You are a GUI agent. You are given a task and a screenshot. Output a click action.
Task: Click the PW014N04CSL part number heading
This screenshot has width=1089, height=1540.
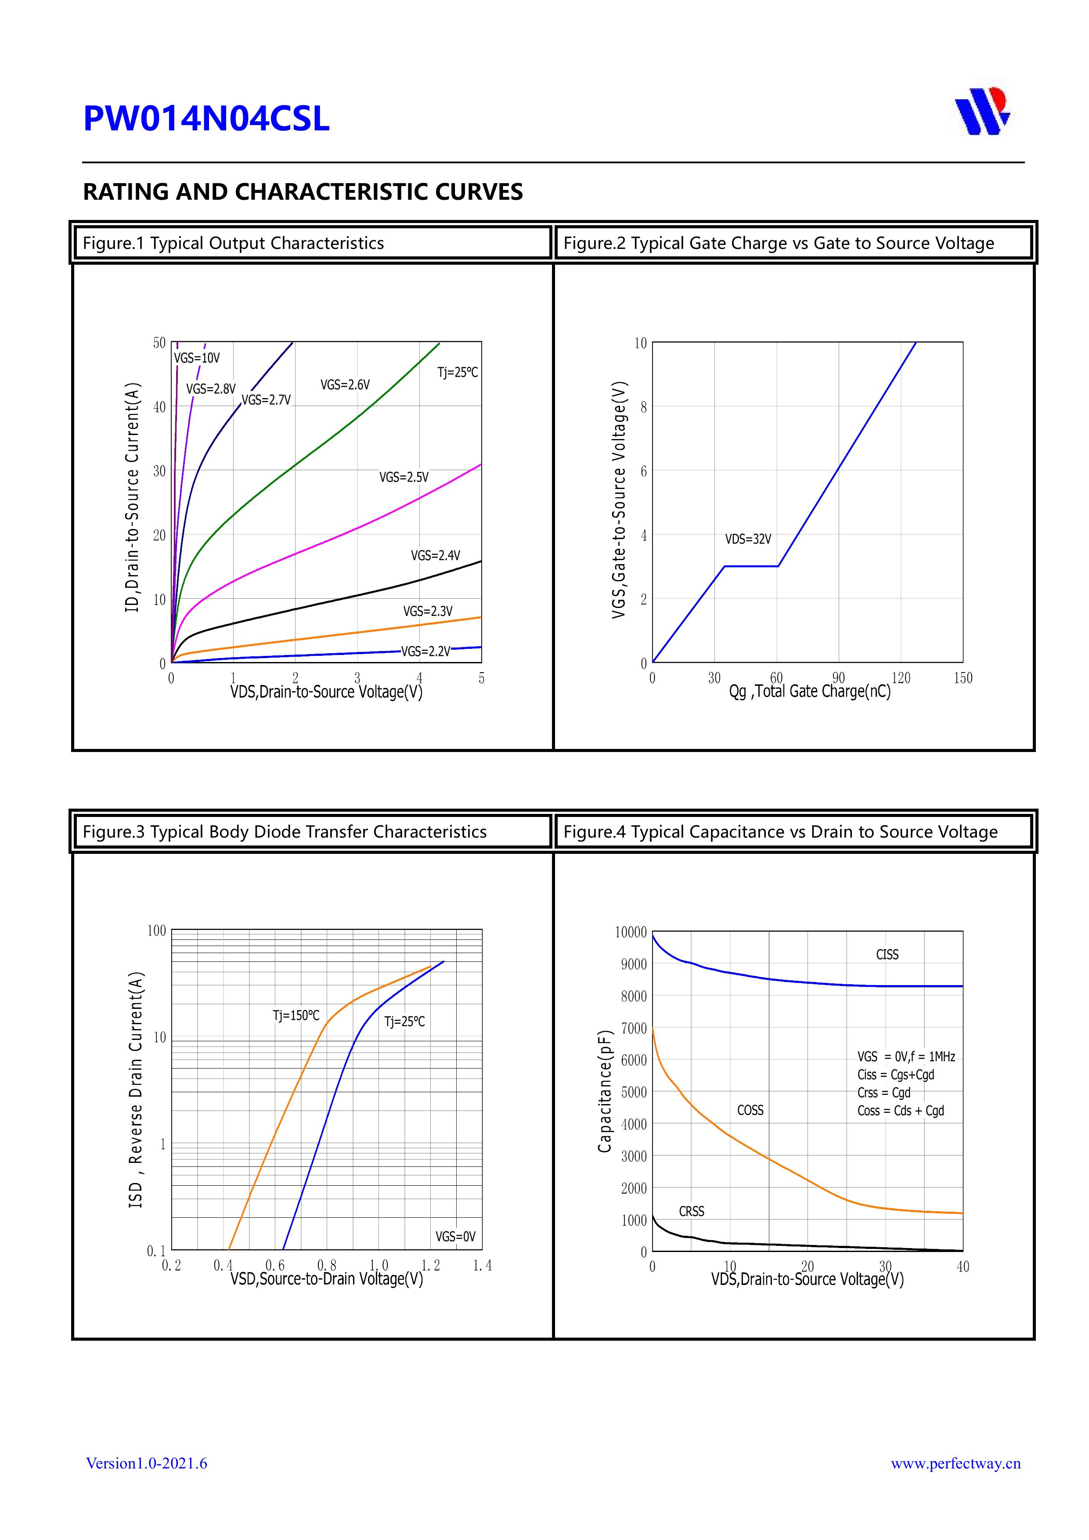pos(206,119)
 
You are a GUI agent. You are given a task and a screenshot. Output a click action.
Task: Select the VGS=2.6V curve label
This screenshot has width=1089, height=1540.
pos(345,385)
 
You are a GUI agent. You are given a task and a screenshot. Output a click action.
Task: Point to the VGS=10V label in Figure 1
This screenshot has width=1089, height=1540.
pos(197,358)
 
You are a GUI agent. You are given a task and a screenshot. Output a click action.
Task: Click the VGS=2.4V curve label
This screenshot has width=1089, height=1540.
pos(436,555)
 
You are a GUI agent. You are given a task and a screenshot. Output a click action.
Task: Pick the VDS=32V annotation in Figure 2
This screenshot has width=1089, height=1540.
pos(748,539)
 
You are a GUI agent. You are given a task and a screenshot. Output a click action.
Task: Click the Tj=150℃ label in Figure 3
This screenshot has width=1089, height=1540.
pos(296,1015)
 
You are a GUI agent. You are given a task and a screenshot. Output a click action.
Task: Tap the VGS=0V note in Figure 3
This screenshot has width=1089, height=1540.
pos(455,1236)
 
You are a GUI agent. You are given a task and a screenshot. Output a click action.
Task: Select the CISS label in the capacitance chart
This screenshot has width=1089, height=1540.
pos(887,954)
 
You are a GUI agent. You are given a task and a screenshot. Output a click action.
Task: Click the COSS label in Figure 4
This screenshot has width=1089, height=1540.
pos(750,1110)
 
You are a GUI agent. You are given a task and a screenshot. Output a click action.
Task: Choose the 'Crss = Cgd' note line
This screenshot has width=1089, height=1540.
pos(883,1093)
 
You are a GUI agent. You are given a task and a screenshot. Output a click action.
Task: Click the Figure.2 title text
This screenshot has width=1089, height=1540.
pos(779,244)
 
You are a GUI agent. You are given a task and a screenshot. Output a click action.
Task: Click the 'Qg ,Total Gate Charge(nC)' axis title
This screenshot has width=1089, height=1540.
pos(810,691)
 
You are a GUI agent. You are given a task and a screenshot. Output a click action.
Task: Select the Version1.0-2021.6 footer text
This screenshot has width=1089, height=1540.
pos(146,1463)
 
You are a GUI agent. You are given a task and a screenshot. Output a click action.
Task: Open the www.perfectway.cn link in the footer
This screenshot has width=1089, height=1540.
pos(956,1463)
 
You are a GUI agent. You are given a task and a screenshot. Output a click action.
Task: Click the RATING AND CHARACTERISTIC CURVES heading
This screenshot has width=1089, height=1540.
pos(303,192)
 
